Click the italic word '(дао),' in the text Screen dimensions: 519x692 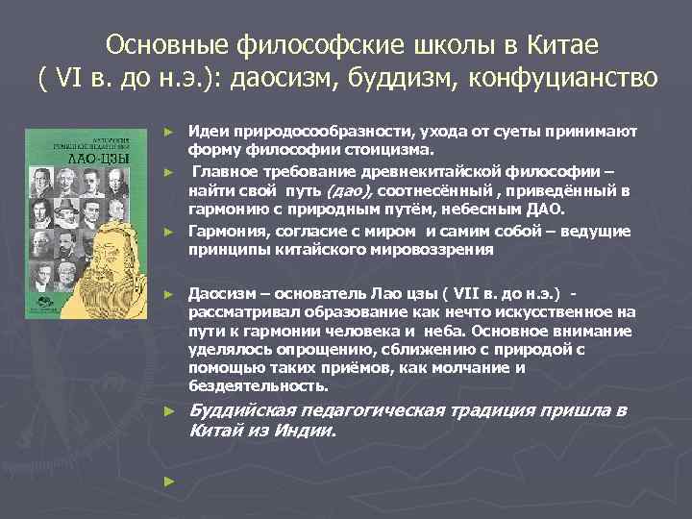(x=340, y=191)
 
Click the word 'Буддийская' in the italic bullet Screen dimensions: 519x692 (x=241, y=411)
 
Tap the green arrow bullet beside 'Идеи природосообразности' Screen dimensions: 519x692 (x=167, y=130)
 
